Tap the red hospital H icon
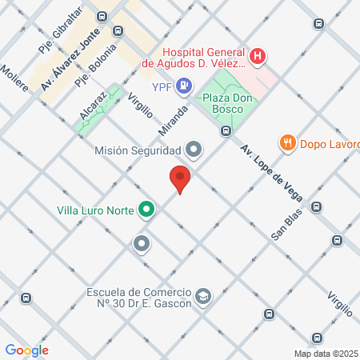coord(258,56)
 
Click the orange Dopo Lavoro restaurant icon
coord(287,143)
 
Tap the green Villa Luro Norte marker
coord(146,211)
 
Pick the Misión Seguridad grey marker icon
coord(193,150)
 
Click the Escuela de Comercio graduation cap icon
coord(203,298)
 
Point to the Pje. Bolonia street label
coord(95,65)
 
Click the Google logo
coord(26,350)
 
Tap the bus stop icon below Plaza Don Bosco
coord(226,131)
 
